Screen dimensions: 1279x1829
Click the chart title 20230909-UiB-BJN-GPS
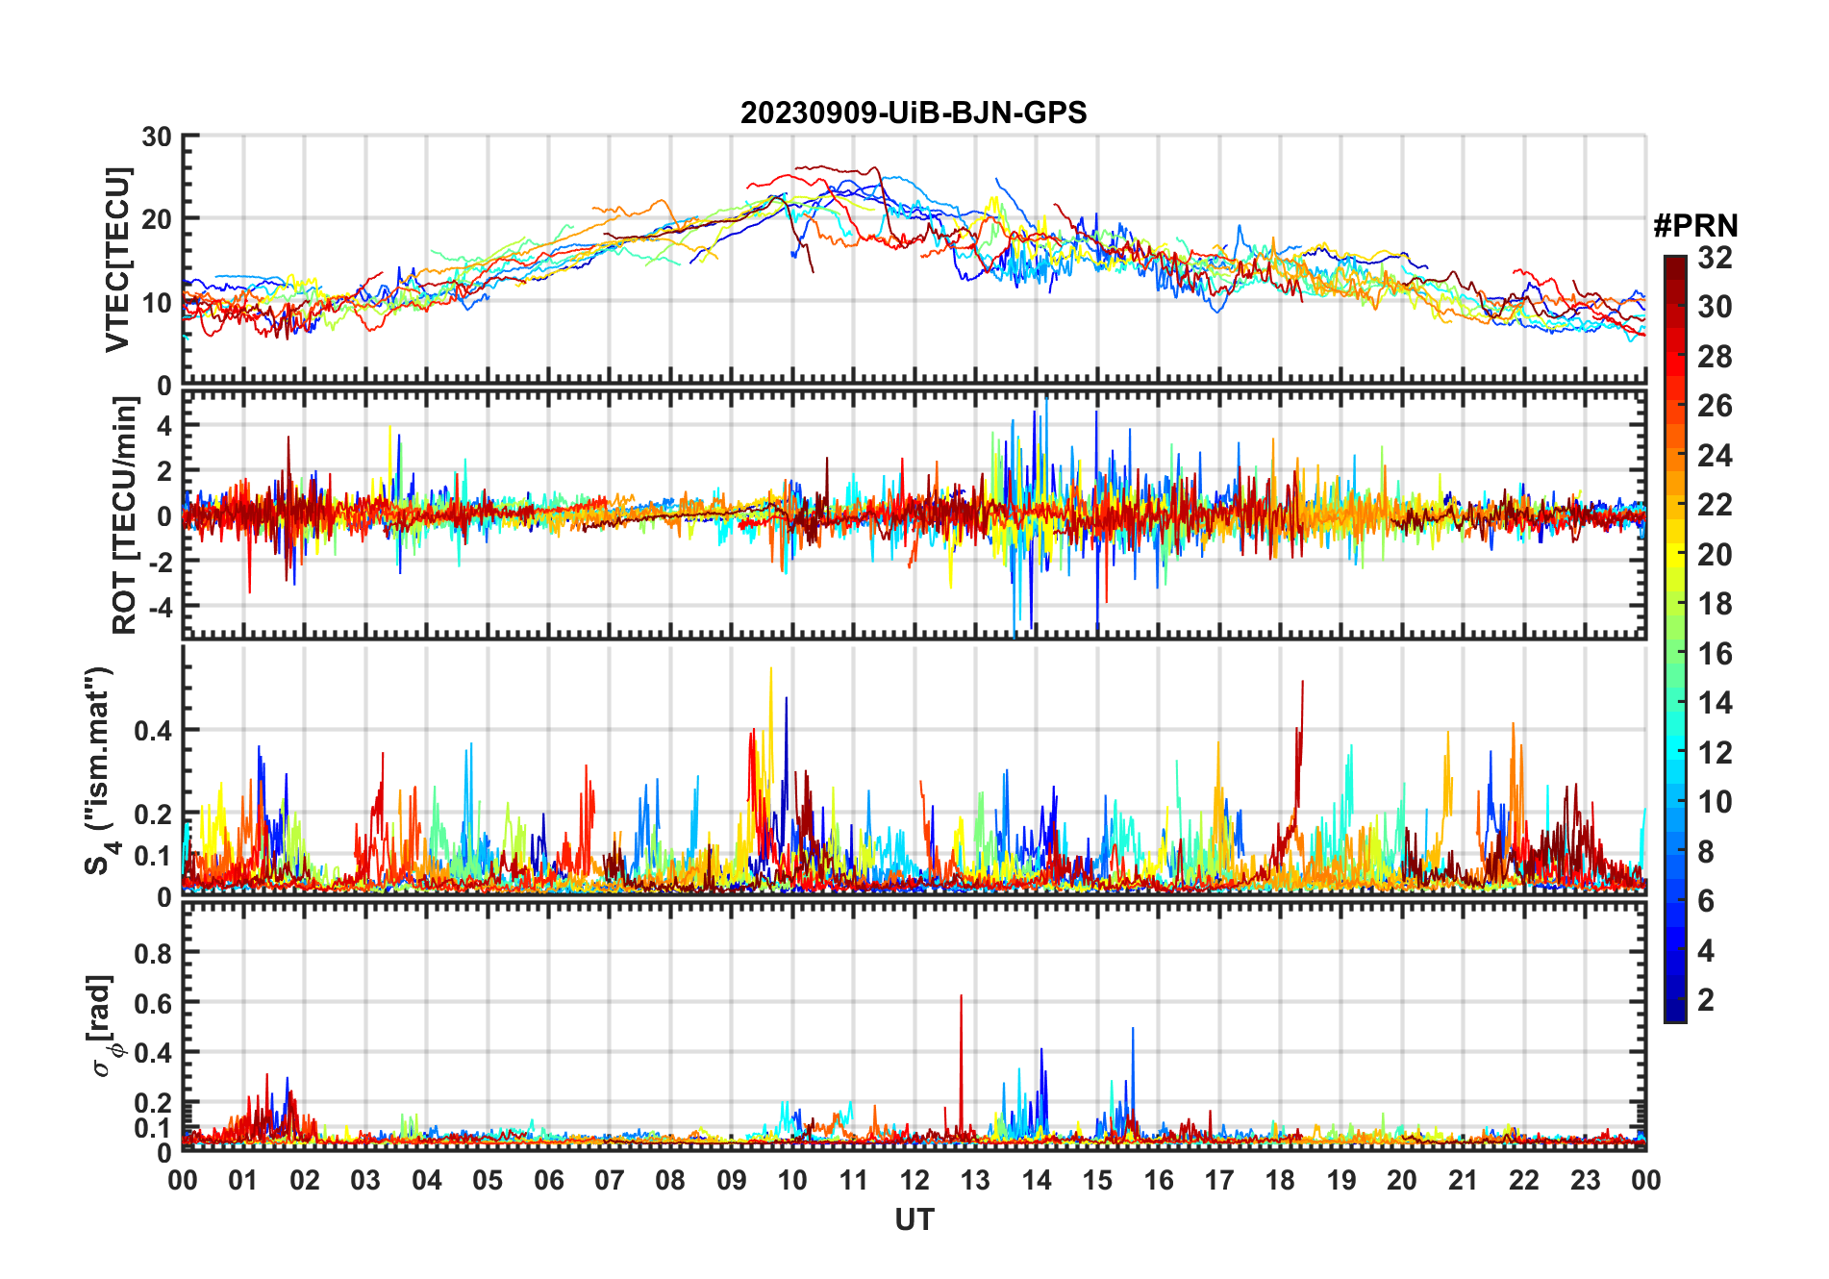pyautogui.click(x=914, y=113)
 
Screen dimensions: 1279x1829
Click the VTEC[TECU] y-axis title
pyautogui.click(x=118, y=260)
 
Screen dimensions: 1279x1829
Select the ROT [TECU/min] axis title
pyautogui.click(x=125, y=515)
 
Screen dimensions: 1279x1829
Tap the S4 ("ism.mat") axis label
pyautogui.click(x=100, y=771)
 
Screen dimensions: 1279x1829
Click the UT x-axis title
pyautogui.click(x=914, y=1220)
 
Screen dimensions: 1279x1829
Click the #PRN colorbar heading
pyautogui.click(x=1695, y=226)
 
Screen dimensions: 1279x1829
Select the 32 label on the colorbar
pyautogui.click(x=1715, y=258)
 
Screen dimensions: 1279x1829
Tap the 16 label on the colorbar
pyautogui.click(x=1715, y=654)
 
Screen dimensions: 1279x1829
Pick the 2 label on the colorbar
pyautogui.click(x=1706, y=1000)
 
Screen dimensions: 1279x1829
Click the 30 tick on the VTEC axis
pyautogui.click(x=157, y=137)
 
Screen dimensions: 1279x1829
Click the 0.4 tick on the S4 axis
pyautogui.click(x=153, y=731)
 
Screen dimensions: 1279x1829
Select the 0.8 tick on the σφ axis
pyautogui.click(x=153, y=953)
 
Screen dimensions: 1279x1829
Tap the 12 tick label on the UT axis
pyautogui.click(x=914, y=1180)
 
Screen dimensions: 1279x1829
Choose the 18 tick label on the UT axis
pyautogui.click(x=1280, y=1180)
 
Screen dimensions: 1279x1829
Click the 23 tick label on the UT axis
pyautogui.click(x=1585, y=1180)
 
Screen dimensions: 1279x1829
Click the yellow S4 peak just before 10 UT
pyautogui.click(x=770, y=670)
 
